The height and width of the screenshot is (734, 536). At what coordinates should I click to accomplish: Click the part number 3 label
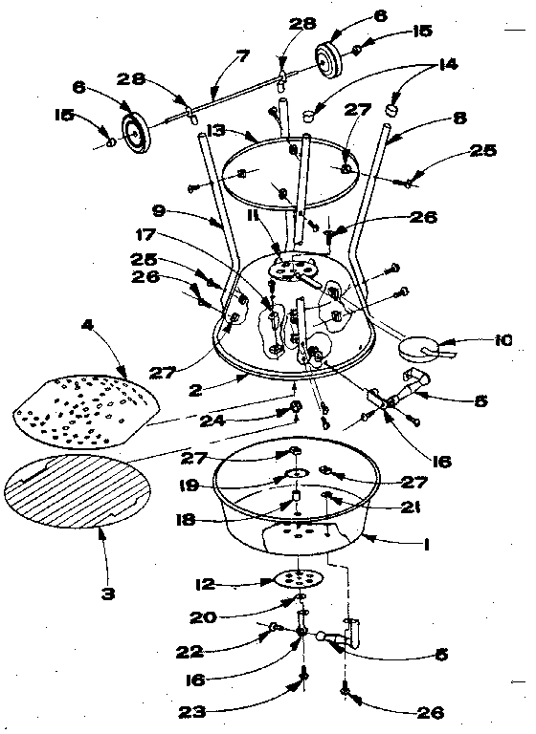[x=107, y=594]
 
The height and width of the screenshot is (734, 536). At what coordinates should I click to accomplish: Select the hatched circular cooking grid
[x=78, y=491]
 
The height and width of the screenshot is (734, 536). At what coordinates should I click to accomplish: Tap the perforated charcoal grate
[x=85, y=409]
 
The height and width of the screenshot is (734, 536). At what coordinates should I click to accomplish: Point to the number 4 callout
[x=87, y=325]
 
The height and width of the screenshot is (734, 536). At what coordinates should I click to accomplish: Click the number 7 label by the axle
[x=241, y=57]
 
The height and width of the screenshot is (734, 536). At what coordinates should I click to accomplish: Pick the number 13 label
[x=216, y=131]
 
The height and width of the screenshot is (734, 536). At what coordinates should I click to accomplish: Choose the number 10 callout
[x=502, y=340]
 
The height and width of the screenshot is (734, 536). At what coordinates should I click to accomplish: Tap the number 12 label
[x=207, y=584]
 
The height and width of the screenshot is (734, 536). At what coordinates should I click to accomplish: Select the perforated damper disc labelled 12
[x=299, y=578]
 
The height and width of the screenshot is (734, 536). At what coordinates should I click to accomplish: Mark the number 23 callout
[x=192, y=712]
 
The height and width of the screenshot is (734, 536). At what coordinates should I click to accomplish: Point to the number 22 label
[x=190, y=652]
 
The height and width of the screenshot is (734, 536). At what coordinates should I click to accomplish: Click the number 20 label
[x=203, y=618]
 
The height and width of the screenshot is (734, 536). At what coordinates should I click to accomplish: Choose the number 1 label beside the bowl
[x=426, y=545]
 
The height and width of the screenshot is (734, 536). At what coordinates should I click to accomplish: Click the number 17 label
[x=145, y=234]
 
